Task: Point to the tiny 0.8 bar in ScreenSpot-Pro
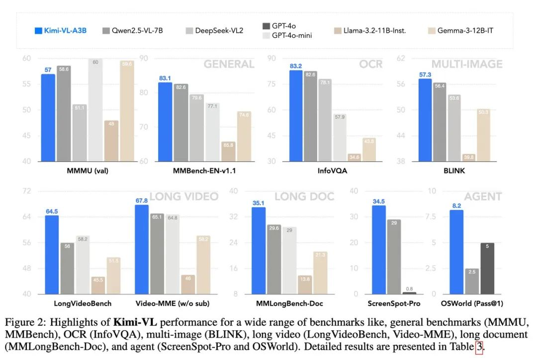tap(409, 293)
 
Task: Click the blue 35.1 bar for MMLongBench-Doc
tap(259, 251)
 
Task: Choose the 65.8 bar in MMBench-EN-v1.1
tap(228, 151)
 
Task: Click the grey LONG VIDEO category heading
tap(184, 196)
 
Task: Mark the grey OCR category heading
tap(370, 64)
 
